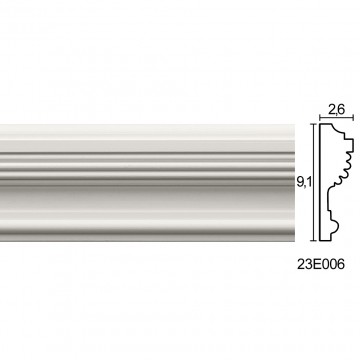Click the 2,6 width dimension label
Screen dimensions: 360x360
point(336,110)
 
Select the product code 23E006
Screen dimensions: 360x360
point(321,264)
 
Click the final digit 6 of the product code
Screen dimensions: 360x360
point(340,264)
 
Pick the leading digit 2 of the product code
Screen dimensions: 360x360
point(301,264)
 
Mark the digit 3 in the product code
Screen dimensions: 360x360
point(309,264)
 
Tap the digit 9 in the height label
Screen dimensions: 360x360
point(300,182)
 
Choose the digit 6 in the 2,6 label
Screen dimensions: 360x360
point(340,110)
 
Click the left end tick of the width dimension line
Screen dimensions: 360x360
point(320,117)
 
